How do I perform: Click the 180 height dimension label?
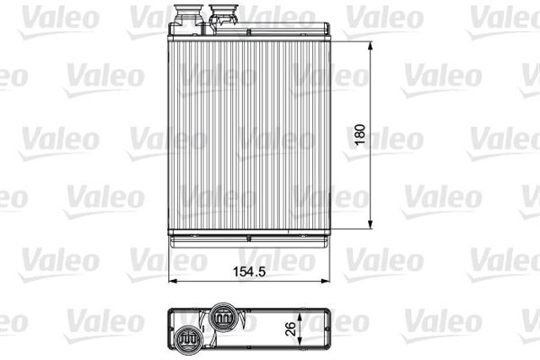point(359,135)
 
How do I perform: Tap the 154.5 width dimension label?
point(250,271)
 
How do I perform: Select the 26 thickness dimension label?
point(290,329)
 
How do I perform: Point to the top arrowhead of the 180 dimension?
point(370,46)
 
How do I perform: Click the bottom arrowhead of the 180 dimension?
point(370,224)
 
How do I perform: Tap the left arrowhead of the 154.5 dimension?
point(173,282)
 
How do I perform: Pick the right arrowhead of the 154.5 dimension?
point(325,282)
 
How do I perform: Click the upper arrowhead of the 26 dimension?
point(300,317)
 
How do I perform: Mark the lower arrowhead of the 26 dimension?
point(300,341)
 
